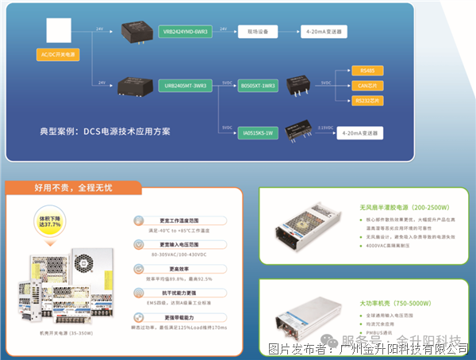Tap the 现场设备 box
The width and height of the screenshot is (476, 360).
[256, 32]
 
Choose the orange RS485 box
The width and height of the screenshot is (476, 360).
[366, 71]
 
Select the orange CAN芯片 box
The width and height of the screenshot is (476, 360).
[366, 86]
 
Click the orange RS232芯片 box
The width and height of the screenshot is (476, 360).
[366, 101]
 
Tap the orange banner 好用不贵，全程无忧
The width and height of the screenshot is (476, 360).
[73, 188]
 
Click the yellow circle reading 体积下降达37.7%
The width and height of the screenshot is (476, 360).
[50, 221]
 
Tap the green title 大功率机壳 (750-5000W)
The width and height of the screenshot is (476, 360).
[393, 302]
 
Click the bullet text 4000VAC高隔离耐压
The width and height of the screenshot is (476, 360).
[392, 247]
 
